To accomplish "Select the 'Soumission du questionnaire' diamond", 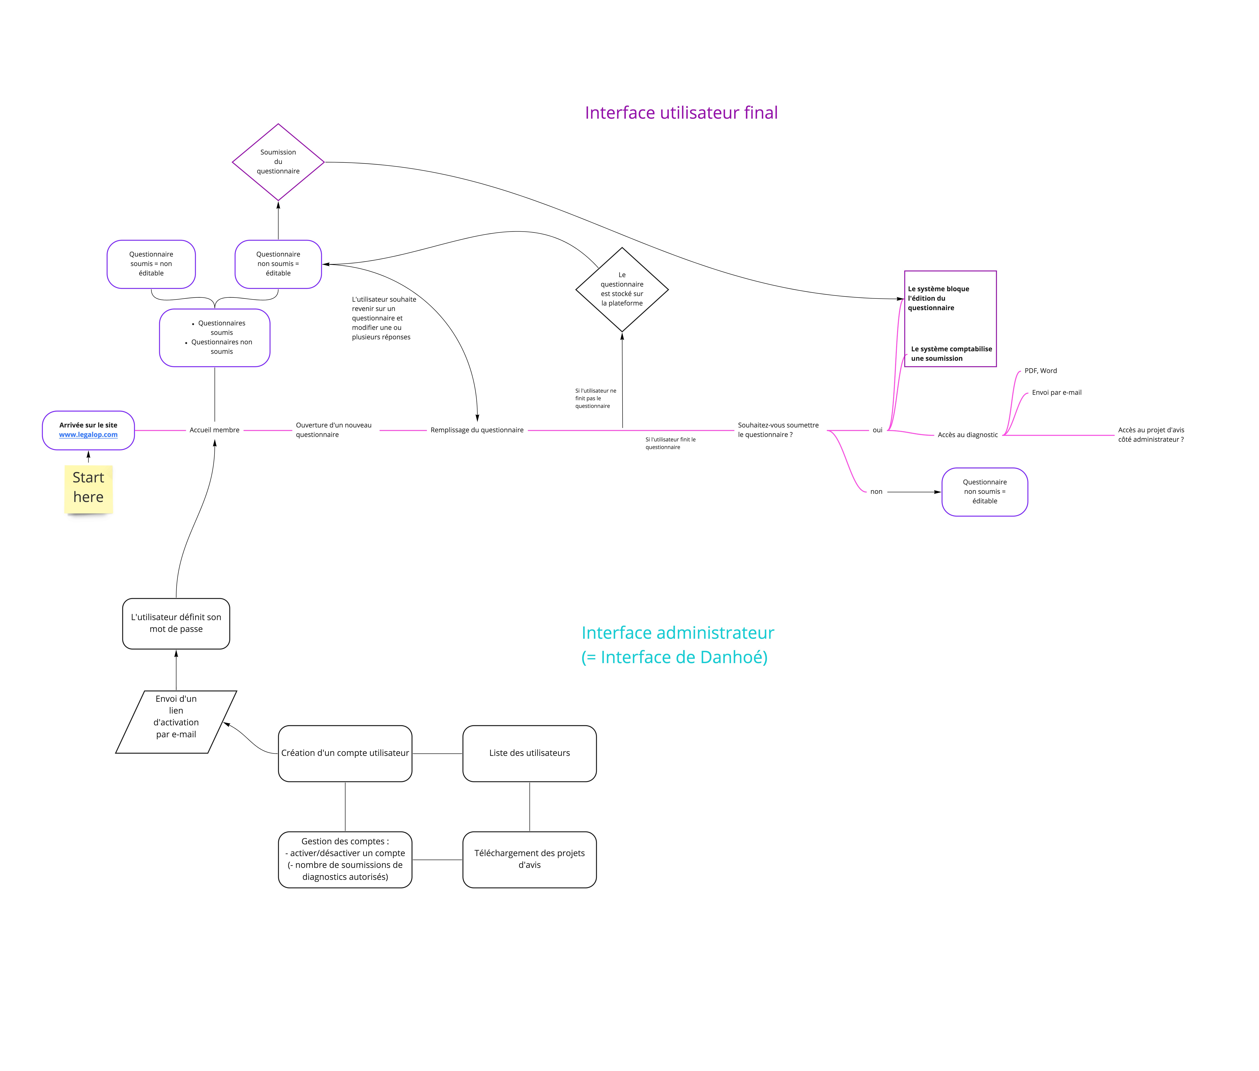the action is pyautogui.click(x=278, y=162).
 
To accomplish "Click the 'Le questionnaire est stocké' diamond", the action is pyautogui.click(x=622, y=290).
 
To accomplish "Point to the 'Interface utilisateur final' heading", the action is pyautogui.click(x=681, y=113).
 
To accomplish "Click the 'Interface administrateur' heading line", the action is pyautogui.click(x=678, y=633).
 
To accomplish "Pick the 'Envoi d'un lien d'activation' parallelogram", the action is pyautogui.click(x=176, y=722).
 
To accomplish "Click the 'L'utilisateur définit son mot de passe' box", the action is pyautogui.click(x=176, y=624).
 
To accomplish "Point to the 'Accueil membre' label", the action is pyautogui.click(x=214, y=430).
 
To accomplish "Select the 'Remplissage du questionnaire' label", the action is pyautogui.click(x=477, y=430).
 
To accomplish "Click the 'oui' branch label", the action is pyautogui.click(x=877, y=430).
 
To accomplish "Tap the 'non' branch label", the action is pyautogui.click(x=876, y=492).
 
